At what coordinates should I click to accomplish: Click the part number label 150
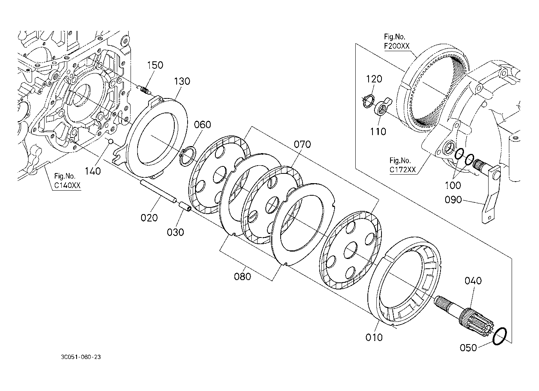pos(155,65)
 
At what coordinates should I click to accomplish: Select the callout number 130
pos(182,81)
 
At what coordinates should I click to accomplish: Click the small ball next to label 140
pos(111,142)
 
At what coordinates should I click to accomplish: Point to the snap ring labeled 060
pos(188,156)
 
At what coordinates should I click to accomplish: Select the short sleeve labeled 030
pos(185,207)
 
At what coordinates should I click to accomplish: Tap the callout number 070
pos(302,144)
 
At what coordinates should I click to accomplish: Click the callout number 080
pos(242,277)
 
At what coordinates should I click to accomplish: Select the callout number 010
pos(374,337)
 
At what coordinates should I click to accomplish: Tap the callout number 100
pos(453,186)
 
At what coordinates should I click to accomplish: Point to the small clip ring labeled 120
pos(368,101)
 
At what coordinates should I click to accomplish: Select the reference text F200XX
pos(397,46)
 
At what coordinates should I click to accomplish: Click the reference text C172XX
pos(403,170)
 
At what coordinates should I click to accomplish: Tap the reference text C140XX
pos(67,186)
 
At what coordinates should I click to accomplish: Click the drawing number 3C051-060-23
pos(81,357)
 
